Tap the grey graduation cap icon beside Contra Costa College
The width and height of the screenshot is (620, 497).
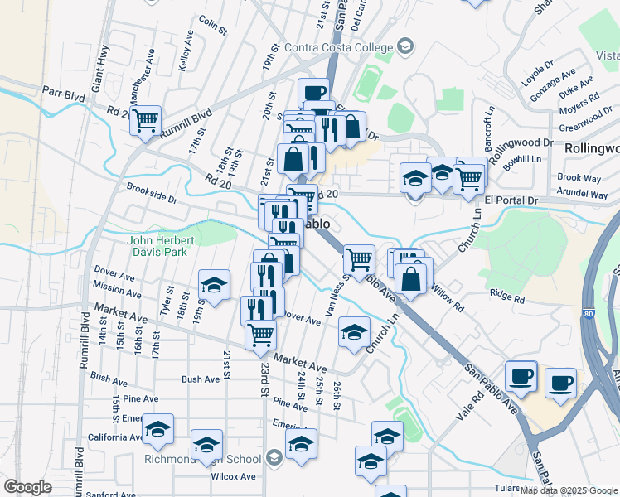(x=405, y=45)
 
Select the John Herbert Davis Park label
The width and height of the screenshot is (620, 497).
(x=162, y=246)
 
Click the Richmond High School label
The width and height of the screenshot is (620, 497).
(x=202, y=459)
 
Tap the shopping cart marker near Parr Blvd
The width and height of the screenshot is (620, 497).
(x=146, y=120)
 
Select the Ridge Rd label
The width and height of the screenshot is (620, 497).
(x=507, y=294)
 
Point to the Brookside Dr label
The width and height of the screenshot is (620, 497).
(x=152, y=194)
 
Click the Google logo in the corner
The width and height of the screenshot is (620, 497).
(x=27, y=487)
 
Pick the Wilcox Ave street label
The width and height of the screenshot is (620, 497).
(x=233, y=476)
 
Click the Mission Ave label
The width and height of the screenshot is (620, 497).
(x=118, y=287)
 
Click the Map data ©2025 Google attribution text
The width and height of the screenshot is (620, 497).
(x=569, y=490)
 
